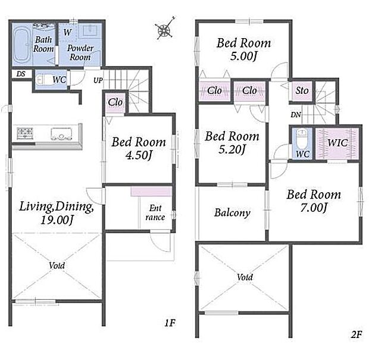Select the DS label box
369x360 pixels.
(x=21, y=74)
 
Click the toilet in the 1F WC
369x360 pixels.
(x=43, y=79)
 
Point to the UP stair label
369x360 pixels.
(x=98, y=80)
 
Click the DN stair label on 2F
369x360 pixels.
(x=296, y=115)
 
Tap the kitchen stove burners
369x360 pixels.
(x=25, y=133)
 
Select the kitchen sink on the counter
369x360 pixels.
(x=61, y=134)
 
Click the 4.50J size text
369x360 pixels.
(x=139, y=155)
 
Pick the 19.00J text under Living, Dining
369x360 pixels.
(x=57, y=220)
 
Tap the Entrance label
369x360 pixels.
(x=155, y=212)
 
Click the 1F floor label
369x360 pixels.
(x=170, y=323)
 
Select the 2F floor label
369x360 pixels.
(x=356, y=334)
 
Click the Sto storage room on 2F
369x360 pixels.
(x=302, y=91)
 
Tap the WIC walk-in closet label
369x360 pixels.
(x=337, y=143)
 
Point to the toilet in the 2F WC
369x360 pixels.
(x=301, y=139)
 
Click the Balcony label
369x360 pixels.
(x=232, y=213)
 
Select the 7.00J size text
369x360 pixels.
(x=314, y=208)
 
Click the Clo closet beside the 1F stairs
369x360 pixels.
(x=115, y=103)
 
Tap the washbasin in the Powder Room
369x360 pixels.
(x=90, y=30)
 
